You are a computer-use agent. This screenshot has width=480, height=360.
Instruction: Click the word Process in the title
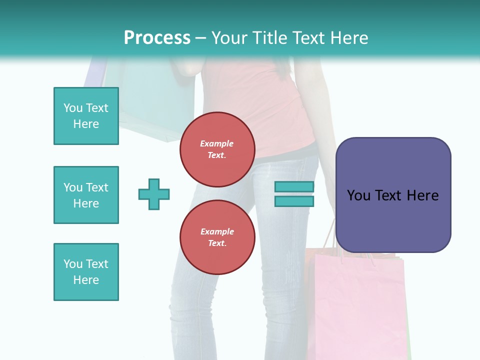(157, 38)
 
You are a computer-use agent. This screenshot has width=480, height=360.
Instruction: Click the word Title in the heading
(268, 38)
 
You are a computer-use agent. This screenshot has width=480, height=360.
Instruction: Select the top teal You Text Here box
(86, 116)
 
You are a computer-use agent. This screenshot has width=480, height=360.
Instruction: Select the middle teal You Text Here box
(86, 195)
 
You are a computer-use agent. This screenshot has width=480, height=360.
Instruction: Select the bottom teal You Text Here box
(86, 272)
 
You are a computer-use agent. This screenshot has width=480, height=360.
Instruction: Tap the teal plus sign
(154, 194)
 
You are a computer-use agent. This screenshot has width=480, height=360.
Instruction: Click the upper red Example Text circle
(217, 149)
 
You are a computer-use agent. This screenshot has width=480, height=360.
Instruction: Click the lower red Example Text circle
(217, 237)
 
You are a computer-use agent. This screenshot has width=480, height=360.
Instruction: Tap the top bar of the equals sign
(294, 186)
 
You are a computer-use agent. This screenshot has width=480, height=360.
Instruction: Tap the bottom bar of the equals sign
(294, 201)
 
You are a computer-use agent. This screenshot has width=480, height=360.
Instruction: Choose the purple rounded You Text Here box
(393, 195)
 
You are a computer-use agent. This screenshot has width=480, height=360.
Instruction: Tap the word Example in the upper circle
(217, 143)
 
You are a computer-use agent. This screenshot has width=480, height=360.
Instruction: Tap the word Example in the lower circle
(217, 231)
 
